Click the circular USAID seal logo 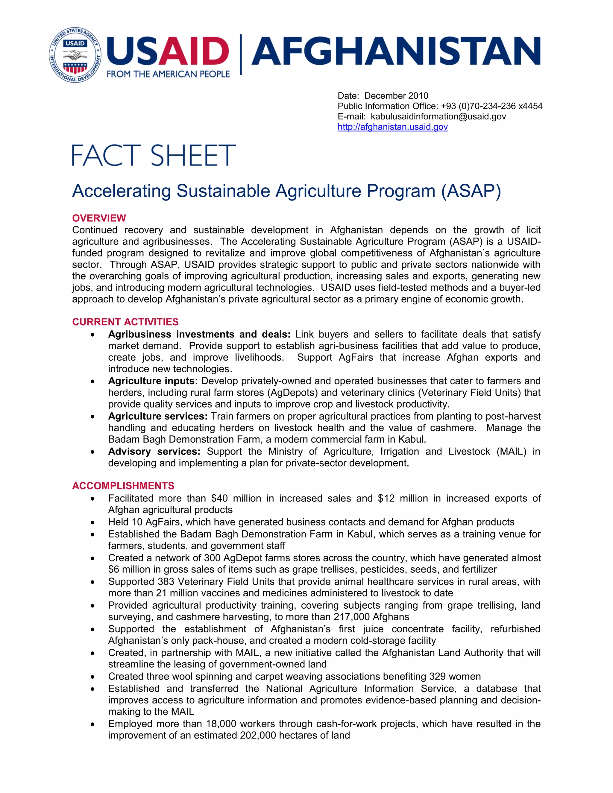(x=75, y=55)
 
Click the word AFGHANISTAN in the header (x=395, y=51)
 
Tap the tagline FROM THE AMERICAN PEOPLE (x=168, y=74)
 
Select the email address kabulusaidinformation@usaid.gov (x=438, y=116)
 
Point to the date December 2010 (x=396, y=96)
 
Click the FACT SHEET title (x=154, y=155)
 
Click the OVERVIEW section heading (x=99, y=218)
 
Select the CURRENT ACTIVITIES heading (x=125, y=322)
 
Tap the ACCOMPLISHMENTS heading (x=123, y=486)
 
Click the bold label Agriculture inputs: (x=153, y=381)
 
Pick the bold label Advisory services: (x=154, y=451)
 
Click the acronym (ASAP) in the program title (x=471, y=191)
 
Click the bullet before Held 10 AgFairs (x=93, y=522)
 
